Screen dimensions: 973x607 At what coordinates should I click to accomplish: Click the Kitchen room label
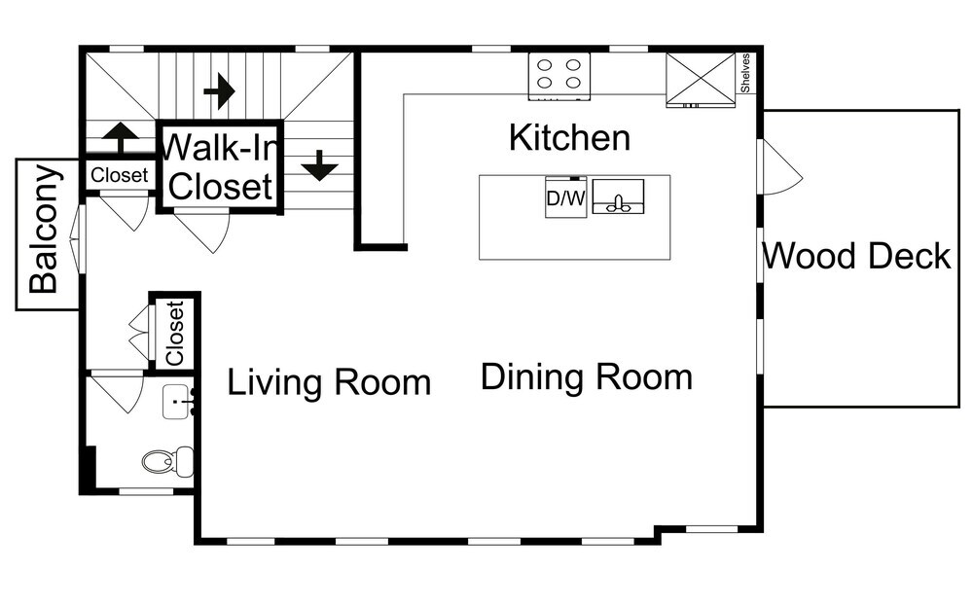[569, 138]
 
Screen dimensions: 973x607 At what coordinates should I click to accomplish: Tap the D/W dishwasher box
[566, 197]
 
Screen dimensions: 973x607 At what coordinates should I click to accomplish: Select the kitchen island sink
[618, 196]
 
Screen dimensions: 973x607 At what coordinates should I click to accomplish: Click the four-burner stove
[559, 76]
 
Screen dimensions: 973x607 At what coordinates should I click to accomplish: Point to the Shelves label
[745, 73]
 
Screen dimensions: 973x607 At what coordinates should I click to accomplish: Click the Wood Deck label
[856, 256]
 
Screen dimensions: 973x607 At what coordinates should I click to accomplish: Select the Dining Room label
[587, 376]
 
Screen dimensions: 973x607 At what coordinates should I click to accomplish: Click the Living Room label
[329, 381]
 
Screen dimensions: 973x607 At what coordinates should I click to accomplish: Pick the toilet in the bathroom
[167, 461]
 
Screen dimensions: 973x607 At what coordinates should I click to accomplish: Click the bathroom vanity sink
[178, 402]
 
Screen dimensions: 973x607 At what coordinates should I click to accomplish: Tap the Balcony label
[44, 229]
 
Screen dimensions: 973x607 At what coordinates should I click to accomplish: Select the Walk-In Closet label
[220, 166]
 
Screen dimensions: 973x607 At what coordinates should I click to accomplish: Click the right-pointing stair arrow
[219, 91]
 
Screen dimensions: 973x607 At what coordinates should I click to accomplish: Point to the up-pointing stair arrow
[120, 137]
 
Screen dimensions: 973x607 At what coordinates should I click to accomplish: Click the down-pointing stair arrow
[319, 165]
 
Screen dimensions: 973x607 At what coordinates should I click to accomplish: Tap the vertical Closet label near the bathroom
[175, 334]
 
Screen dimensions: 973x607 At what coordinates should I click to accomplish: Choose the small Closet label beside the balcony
[119, 175]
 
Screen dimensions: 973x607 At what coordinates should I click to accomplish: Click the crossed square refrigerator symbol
[701, 80]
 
